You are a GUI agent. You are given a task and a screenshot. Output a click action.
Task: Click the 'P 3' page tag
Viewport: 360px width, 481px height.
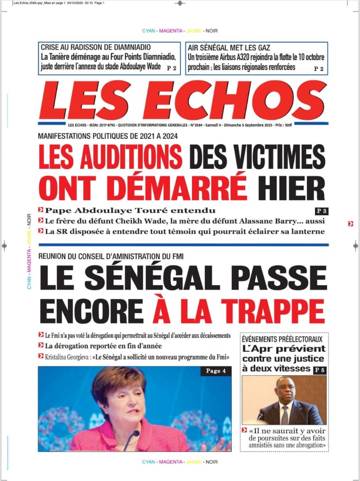[321, 211]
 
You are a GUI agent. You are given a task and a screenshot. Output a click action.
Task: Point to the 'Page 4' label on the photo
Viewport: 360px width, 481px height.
[216, 371]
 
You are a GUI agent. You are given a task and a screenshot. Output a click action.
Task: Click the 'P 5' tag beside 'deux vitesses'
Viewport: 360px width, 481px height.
[319, 369]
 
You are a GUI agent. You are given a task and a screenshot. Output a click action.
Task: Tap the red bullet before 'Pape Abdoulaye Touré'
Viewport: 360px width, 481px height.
[41, 210]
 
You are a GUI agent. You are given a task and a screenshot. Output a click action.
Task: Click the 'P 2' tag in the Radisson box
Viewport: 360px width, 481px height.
[172, 68]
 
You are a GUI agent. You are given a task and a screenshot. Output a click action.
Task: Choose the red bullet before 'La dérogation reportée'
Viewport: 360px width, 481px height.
[41, 346]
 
